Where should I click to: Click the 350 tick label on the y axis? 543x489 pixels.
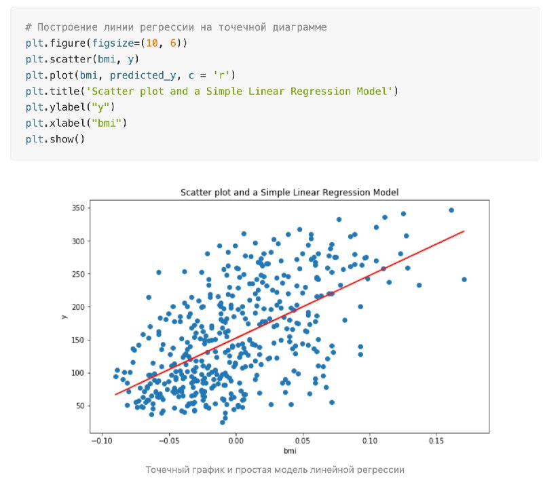click(78, 208)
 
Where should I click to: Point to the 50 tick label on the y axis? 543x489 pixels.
click(80, 406)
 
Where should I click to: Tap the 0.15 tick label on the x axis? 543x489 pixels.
click(436, 441)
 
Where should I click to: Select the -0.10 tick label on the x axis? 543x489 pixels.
click(102, 441)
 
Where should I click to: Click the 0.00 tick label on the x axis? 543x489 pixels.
click(236, 441)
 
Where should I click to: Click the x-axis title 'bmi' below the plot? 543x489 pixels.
click(290, 450)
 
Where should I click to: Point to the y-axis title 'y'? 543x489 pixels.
click(64, 317)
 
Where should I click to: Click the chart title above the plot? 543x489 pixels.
click(290, 193)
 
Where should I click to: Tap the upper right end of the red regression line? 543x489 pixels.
click(464, 231)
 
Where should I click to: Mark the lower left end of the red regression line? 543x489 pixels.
click(115, 394)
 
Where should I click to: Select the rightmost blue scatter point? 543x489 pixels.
click(464, 279)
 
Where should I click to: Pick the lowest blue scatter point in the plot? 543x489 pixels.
click(223, 423)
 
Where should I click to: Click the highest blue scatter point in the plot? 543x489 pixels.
click(451, 210)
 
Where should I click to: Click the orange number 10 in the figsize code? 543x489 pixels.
click(151, 43)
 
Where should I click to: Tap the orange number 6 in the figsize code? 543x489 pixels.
click(173, 43)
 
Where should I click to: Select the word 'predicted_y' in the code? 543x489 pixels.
click(143, 75)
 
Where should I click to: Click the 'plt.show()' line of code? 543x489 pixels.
click(55, 139)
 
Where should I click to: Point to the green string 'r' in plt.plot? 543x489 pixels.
click(221, 75)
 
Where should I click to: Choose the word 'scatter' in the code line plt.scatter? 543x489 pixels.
click(71, 59)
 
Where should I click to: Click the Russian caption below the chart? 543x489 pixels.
click(275, 469)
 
